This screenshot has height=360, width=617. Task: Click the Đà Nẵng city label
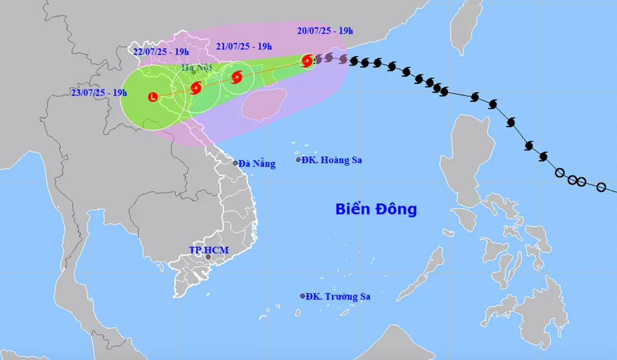(x=257, y=164)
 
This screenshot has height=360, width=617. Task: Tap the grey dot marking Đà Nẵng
(x=235, y=163)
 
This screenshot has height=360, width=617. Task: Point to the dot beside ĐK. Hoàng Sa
(x=299, y=159)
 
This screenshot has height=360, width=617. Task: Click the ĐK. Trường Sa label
(x=338, y=296)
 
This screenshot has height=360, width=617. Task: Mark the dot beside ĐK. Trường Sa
(x=302, y=296)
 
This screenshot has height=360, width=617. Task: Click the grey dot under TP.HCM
(x=208, y=257)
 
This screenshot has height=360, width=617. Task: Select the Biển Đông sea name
(x=376, y=209)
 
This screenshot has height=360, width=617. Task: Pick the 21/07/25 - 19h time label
(x=244, y=46)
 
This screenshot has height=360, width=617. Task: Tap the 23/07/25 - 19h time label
(x=99, y=93)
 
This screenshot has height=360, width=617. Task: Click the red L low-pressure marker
(x=153, y=96)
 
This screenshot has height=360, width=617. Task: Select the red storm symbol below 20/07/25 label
(x=307, y=60)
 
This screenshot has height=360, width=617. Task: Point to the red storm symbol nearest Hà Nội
(x=196, y=88)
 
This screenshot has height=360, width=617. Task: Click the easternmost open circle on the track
(x=602, y=186)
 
